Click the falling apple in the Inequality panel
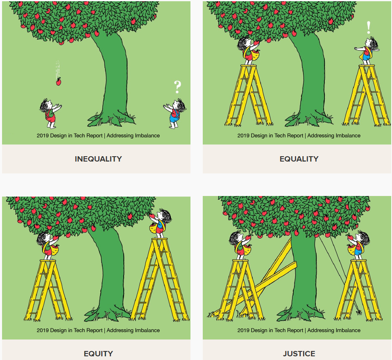tap(59, 82)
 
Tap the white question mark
tap(177, 87)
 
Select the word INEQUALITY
tap(98, 159)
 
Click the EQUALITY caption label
tap(299, 159)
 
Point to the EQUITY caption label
tap(98, 353)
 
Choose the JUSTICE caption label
tap(299, 353)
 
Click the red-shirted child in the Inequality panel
tap(50, 113)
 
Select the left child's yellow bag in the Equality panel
tap(254, 55)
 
